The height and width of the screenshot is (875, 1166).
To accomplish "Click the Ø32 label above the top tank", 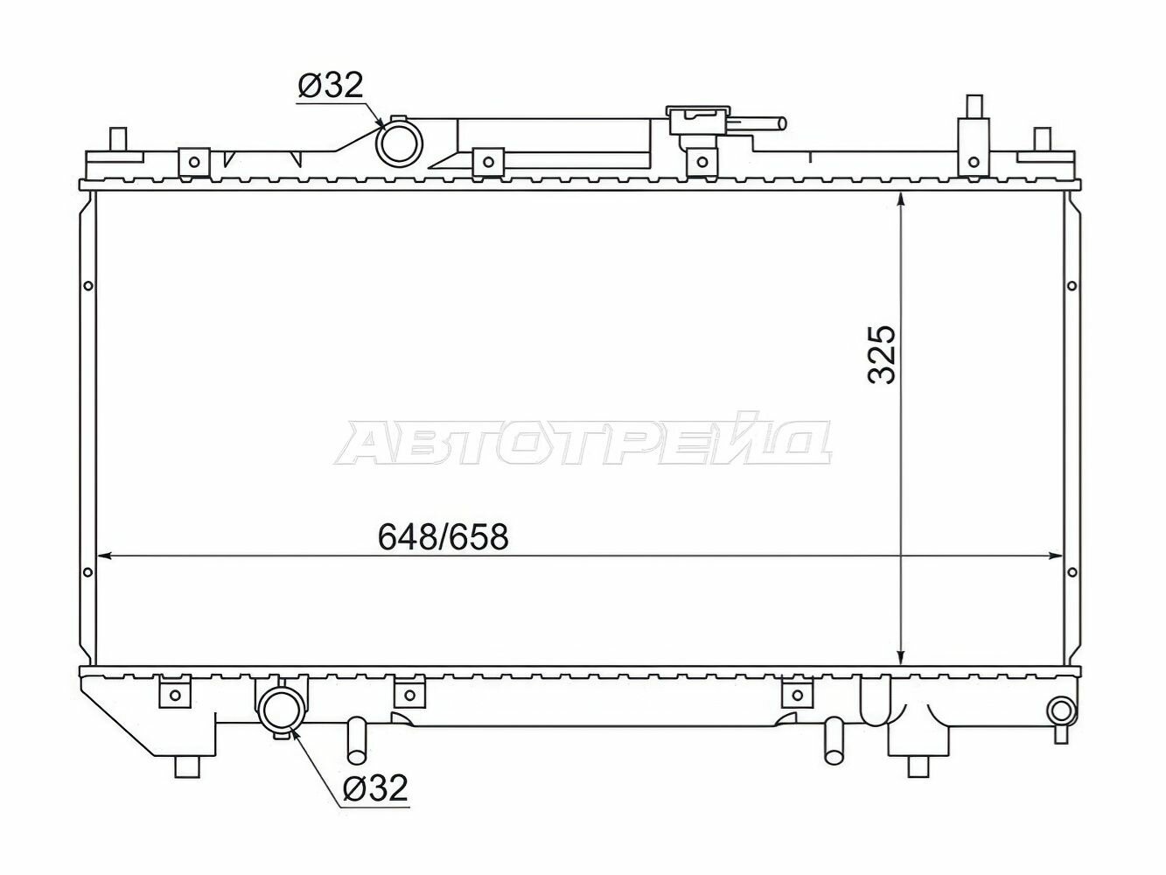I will (x=330, y=86).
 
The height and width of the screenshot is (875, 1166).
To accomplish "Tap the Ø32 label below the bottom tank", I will (x=375, y=788).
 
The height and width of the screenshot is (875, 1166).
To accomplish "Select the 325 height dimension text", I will (x=882, y=354).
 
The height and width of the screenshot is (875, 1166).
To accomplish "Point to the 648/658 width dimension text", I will (x=443, y=536).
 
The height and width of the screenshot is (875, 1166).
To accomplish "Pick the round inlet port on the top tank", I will (x=398, y=142).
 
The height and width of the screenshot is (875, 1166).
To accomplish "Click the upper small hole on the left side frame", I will (x=87, y=285).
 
